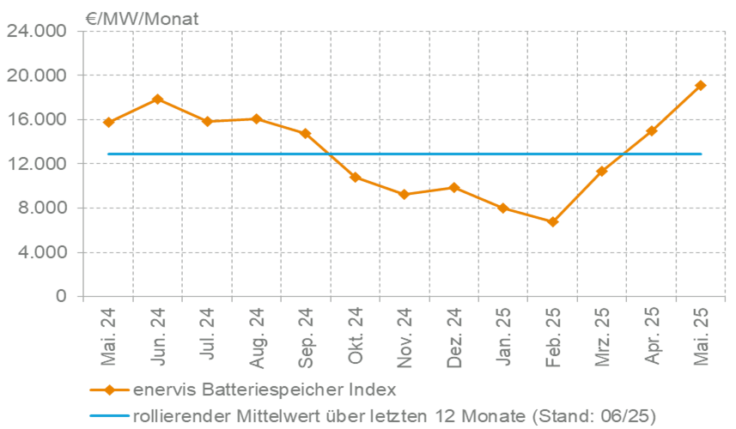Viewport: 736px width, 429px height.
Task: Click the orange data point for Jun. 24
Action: pos(157,100)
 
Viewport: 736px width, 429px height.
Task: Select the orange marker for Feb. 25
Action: pos(553,221)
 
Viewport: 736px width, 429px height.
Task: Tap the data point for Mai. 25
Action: pos(702,85)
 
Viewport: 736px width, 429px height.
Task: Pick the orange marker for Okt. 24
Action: pos(355,178)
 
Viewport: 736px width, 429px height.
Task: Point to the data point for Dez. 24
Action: pos(454,187)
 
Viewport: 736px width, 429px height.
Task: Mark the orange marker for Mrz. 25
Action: pos(602,171)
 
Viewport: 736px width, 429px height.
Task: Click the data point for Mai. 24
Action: pos(108,122)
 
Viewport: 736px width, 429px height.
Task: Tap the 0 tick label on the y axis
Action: pos(61,297)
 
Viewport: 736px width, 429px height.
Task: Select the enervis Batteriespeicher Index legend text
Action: pos(264,390)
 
